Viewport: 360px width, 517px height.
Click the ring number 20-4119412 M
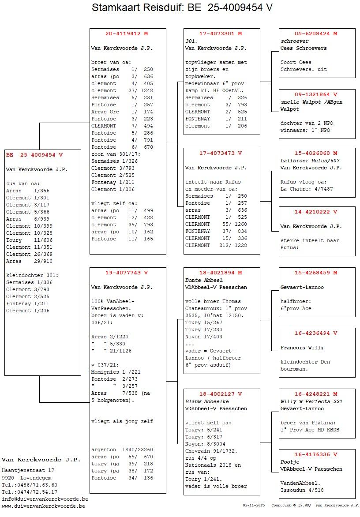127,34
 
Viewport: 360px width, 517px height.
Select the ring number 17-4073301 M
221,34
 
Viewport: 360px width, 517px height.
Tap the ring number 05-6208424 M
316,34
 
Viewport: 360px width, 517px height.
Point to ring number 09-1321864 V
316,94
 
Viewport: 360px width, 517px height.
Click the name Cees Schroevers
304,48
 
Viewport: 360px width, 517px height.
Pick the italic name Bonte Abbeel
204,280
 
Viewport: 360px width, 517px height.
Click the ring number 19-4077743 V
127,273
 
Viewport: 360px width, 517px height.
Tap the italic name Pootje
289,462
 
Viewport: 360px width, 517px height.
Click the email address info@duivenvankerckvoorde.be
45,499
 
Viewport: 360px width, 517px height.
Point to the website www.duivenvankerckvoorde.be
43,506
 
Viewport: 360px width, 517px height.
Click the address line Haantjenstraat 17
28,471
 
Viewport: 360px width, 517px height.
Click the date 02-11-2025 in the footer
253,505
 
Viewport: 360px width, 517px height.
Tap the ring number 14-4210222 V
316,212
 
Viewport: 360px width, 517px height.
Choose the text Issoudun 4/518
302,490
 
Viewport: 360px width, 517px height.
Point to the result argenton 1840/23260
122,450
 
